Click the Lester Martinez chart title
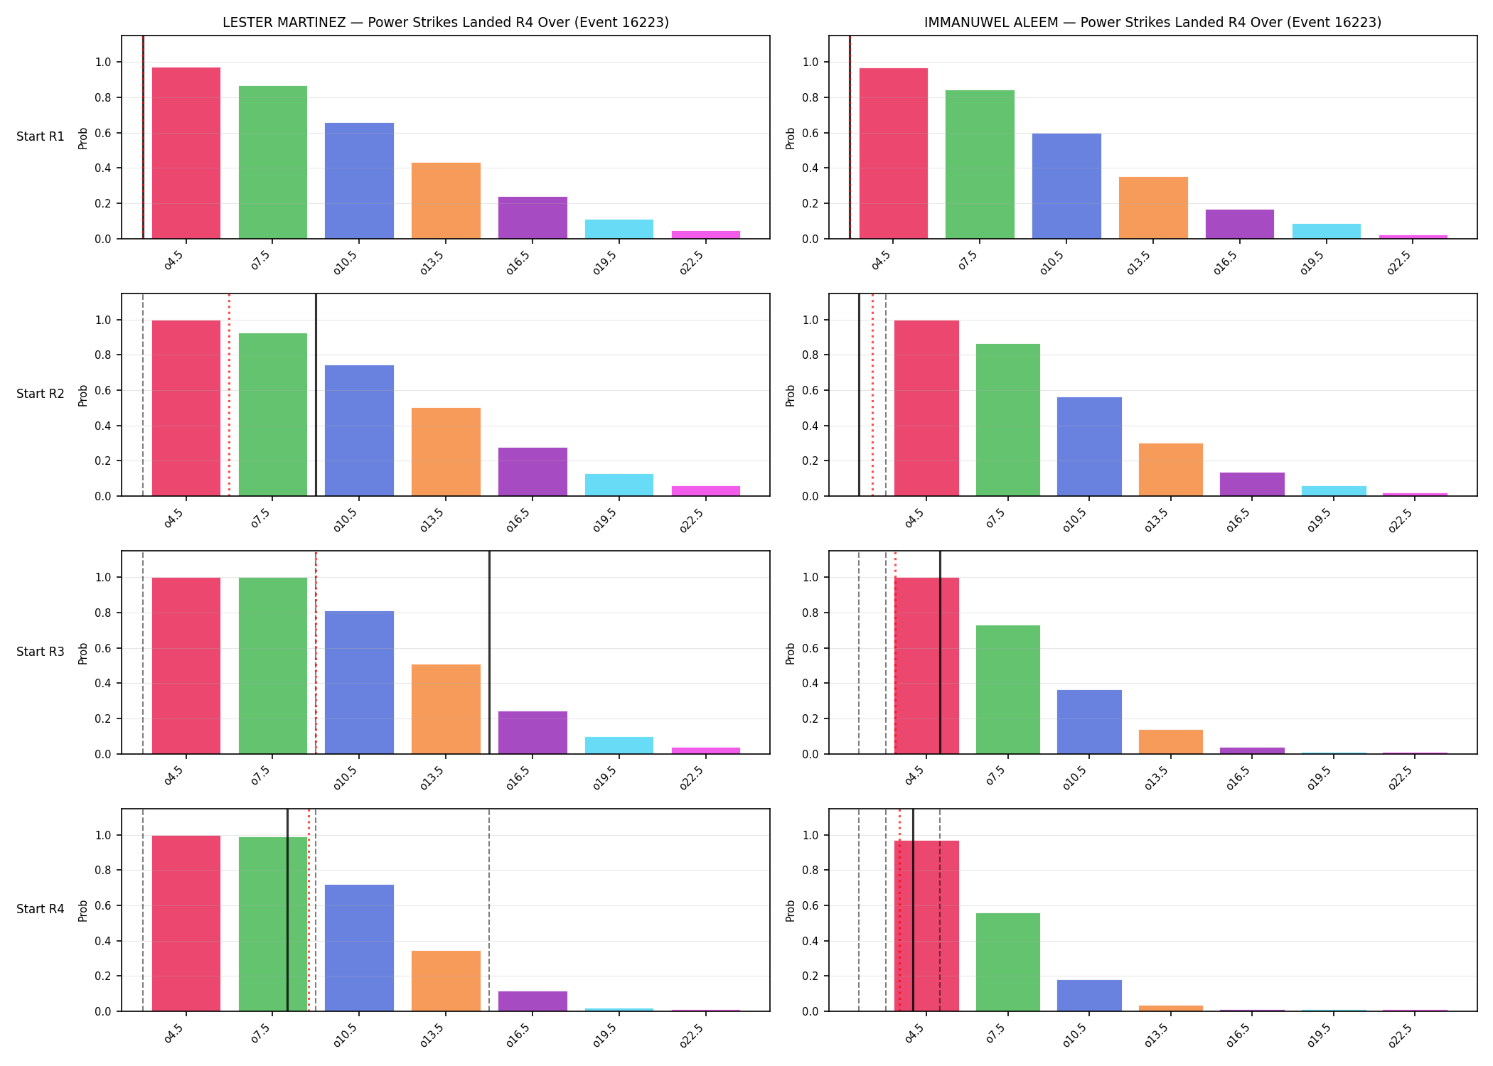(x=446, y=22)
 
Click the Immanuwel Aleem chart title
(x=1152, y=22)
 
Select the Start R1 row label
(x=41, y=136)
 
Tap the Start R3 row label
(x=41, y=652)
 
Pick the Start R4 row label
(x=41, y=909)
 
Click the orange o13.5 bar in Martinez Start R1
(x=446, y=200)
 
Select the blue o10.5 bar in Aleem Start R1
(x=1066, y=186)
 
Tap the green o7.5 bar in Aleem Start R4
(x=1008, y=962)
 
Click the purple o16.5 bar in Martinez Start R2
(x=533, y=472)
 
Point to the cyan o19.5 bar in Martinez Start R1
(x=619, y=229)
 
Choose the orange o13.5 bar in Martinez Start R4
(x=446, y=981)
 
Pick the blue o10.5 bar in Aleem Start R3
(x=1089, y=722)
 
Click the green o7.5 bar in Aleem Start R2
(x=1008, y=420)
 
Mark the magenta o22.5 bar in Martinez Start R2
(x=706, y=491)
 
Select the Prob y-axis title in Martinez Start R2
(x=83, y=395)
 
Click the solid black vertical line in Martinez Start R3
(x=489, y=652)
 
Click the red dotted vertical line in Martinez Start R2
(x=229, y=395)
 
